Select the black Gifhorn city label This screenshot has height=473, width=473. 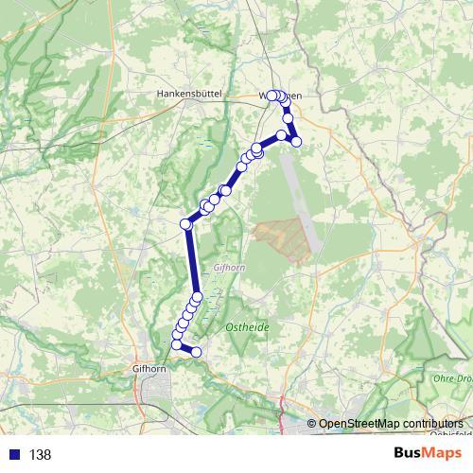151,370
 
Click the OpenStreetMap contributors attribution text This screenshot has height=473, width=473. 391,423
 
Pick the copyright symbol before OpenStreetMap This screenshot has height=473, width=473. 311,423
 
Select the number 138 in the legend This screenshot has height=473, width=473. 40,455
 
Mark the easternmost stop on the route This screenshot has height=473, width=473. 296,142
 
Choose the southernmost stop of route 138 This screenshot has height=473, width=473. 198,353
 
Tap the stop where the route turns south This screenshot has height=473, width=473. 186,224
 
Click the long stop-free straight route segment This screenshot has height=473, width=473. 192,261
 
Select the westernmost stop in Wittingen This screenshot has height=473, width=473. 272,96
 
